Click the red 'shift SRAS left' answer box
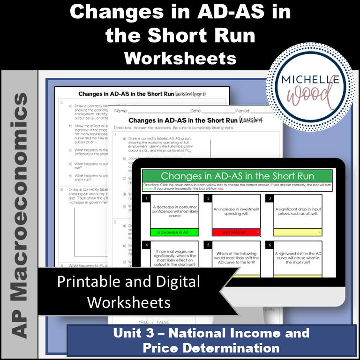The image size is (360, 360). coord(236,232)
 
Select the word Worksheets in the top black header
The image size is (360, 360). coord(180,58)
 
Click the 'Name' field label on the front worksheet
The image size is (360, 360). coord(120,112)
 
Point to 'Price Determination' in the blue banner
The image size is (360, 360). coord(211,348)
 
